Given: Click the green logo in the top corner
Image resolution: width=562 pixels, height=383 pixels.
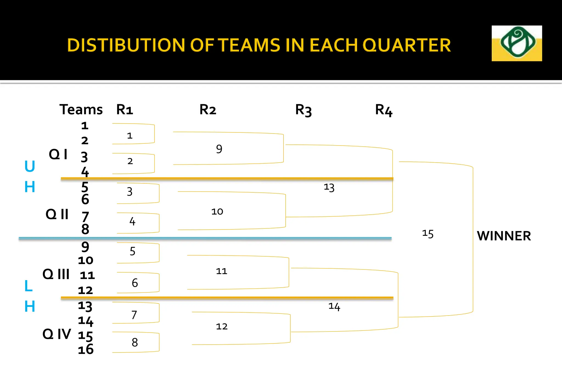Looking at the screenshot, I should coord(517,43).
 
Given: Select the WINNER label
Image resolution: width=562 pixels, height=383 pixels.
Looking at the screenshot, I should coord(504,236).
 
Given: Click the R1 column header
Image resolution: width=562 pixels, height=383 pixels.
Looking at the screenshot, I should coord(125,110).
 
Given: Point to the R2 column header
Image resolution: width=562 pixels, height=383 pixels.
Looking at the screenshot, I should coord(208,110).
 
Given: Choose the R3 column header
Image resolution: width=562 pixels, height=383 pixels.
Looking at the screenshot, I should coord(303,110).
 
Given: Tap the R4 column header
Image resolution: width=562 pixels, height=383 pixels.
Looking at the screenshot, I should coord(384,110).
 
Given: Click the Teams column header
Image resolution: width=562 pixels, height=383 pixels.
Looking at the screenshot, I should coord(81,110).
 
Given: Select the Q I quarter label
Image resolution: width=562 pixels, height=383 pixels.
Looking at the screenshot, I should coord(58,154).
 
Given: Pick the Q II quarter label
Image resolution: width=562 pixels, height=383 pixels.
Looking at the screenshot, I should coord(57,214).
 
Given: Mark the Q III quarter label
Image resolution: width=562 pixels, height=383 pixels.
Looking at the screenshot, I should coord(56,274).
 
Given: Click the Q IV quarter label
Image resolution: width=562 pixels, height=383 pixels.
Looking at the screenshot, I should coord(57,334).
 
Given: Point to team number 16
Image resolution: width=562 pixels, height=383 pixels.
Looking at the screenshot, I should coord(86,350).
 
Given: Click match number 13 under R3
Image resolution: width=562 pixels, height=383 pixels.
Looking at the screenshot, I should coord(329,188).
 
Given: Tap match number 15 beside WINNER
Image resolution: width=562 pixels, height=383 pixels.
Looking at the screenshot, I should coord(428,234).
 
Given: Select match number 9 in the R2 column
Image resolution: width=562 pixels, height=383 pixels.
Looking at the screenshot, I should coord(219,149).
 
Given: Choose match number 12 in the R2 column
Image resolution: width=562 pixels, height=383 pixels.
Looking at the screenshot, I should coord(222,327).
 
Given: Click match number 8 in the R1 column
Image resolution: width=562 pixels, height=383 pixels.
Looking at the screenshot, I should coord(135,342).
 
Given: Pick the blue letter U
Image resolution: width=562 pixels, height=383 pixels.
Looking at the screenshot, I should coord(30,166).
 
